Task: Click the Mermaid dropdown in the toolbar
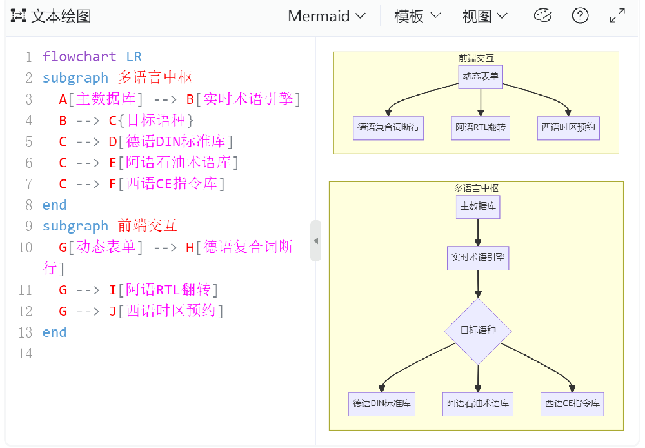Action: [326, 16]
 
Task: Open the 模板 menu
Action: [417, 16]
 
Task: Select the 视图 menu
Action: [484, 16]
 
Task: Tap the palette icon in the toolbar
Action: [543, 15]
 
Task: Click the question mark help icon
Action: [580, 15]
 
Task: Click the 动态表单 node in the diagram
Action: [481, 77]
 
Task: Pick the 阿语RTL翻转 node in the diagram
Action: [481, 128]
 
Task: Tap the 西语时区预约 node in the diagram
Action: [569, 128]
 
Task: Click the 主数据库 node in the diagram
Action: [478, 207]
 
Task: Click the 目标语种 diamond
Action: [478, 331]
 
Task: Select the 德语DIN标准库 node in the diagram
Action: [381, 404]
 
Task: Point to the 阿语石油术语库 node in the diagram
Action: [478, 404]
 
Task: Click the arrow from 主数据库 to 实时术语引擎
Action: [478, 232]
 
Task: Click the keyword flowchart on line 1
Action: [79, 57]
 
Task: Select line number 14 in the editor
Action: [25, 353]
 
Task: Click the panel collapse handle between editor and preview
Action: [315, 241]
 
